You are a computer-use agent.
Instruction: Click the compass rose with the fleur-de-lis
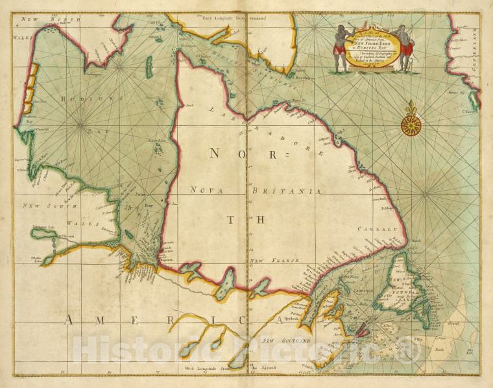(411, 124)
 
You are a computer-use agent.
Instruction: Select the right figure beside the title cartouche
(404, 47)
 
